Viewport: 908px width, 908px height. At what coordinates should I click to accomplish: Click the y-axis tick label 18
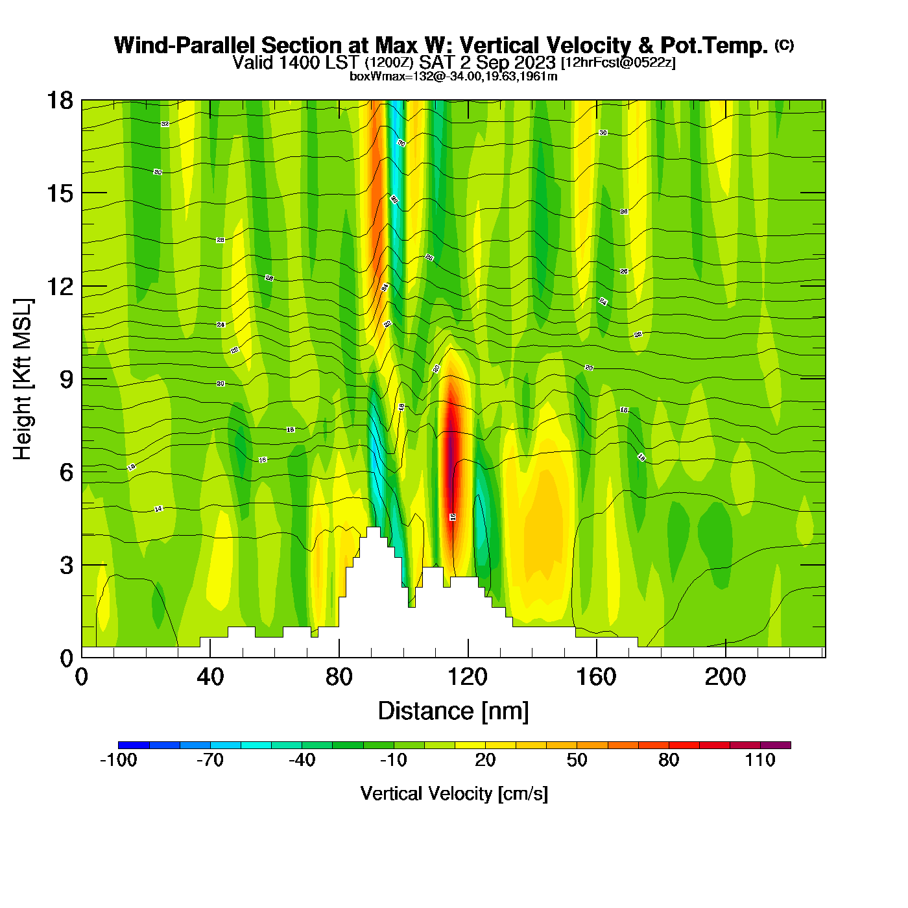click(x=59, y=101)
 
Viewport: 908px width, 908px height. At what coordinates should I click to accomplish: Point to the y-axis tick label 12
click(x=59, y=286)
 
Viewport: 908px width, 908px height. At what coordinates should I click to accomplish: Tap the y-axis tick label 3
click(x=66, y=565)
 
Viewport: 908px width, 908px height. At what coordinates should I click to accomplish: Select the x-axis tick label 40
click(x=210, y=677)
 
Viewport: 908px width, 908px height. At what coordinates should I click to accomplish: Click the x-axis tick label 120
click(x=467, y=677)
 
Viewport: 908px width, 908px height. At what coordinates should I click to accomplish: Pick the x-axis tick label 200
click(x=725, y=677)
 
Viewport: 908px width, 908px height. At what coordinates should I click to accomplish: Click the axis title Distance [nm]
click(x=453, y=711)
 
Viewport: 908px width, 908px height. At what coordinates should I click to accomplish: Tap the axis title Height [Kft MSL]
click(x=23, y=379)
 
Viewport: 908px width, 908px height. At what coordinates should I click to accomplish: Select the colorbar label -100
click(x=118, y=760)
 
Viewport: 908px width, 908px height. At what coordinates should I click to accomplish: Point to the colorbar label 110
click(x=760, y=760)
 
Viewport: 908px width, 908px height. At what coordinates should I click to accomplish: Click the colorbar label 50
click(x=577, y=760)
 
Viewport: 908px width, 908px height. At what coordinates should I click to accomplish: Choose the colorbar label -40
click(x=302, y=760)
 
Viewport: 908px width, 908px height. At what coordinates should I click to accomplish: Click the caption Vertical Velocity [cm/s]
click(x=454, y=794)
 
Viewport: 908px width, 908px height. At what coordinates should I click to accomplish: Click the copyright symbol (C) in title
click(x=784, y=45)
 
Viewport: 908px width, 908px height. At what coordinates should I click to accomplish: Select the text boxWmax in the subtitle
click(x=371, y=77)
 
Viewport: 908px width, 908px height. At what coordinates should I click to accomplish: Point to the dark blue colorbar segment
click(x=134, y=745)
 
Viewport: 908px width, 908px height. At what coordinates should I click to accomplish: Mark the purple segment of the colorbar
click(x=776, y=745)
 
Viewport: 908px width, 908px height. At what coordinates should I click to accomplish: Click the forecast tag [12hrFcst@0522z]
click(x=618, y=62)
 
